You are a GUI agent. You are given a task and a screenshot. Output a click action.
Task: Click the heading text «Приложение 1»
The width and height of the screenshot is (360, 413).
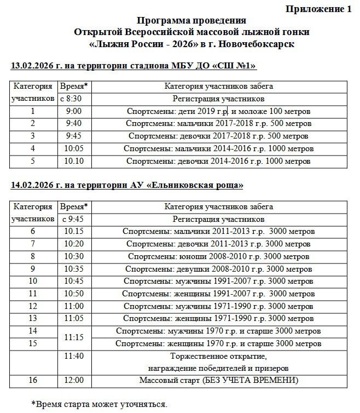tap(319, 9)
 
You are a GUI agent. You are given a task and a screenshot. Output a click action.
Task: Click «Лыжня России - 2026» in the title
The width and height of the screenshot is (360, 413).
tap(141, 44)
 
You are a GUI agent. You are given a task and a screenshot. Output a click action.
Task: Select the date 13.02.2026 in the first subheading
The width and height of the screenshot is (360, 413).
tap(34, 66)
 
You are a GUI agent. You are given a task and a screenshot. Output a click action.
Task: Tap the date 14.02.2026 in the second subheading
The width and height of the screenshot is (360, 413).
tap(34, 185)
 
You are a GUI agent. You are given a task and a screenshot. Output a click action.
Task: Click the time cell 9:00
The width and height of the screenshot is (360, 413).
tap(73, 111)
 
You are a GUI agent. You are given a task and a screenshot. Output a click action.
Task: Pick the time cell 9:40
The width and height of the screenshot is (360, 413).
tap(73, 123)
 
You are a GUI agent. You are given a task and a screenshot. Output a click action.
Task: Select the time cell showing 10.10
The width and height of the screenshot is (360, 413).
tap(73, 161)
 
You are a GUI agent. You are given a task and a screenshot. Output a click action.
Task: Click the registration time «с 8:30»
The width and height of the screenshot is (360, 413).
tap(73, 99)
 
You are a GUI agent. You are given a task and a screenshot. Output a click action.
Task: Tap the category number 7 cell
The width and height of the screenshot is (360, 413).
tap(33, 244)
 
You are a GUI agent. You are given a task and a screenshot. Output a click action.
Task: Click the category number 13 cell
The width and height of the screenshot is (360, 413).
tap(33, 318)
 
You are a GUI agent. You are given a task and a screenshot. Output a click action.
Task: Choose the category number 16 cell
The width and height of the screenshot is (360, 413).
tap(33, 380)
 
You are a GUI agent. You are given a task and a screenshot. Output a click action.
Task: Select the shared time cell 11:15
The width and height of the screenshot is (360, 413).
tap(73, 337)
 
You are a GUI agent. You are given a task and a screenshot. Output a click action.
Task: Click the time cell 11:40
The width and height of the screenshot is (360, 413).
tap(73, 356)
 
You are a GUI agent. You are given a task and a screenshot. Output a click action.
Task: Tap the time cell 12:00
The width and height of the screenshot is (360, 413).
tap(73, 380)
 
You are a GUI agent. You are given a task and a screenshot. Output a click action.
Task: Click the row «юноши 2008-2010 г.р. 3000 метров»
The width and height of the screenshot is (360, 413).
tap(218, 256)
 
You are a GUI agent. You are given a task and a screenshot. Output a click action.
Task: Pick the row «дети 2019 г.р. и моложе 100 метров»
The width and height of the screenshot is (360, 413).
tap(218, 111)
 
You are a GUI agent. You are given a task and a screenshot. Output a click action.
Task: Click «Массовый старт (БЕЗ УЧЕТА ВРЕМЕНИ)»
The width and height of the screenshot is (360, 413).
tap(218, 380)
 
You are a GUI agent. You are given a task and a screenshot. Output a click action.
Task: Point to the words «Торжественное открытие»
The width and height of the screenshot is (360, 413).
tap(218, 356)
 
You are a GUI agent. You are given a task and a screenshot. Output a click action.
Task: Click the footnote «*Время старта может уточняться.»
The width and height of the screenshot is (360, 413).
tap(98, 404)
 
